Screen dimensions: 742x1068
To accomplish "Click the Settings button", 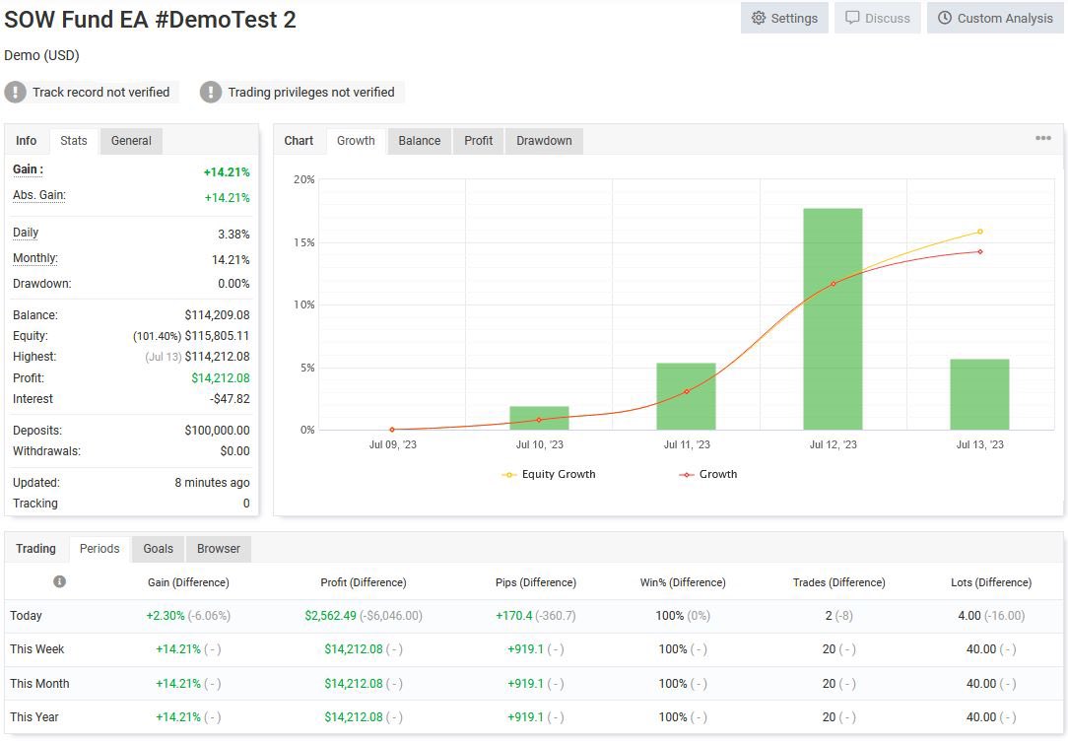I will click(x=784, y=18).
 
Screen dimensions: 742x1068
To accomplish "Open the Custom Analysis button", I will click(x=995, y=18).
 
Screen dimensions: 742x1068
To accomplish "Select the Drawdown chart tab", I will click(x=544, y=141).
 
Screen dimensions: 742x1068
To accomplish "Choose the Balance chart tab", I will click(x=419, y=141).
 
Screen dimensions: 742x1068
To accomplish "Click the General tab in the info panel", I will click(x=131, y=141).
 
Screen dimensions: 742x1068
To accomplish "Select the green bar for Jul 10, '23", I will click(x=539, y=418).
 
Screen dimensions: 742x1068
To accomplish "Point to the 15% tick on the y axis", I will click(x=303, y=242).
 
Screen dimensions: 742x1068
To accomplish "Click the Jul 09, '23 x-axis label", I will click(x=392, y=444).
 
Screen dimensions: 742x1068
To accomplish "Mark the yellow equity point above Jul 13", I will click(x=979, y=232).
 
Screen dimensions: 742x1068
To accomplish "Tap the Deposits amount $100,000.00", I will click(x=217, y=431).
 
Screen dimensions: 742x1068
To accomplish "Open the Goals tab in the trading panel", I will click(x=158, y=549).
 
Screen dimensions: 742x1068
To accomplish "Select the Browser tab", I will click(x=218, y=549).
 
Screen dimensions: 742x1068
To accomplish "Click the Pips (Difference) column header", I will click(x=536, y=582).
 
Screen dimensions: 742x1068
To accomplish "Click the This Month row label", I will click(x=39, y=684).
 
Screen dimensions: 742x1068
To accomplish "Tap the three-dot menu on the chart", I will click(x=1043, y=139).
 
